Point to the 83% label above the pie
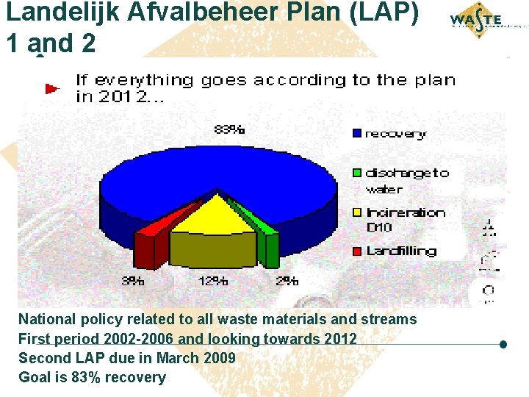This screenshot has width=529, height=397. [x=229, y=129]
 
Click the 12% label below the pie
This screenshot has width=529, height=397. [x=212, y=281]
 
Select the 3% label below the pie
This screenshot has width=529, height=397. [x=133, y=281]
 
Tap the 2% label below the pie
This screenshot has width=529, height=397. [x=287, y=281]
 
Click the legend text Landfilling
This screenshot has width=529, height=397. [x=401, y=251]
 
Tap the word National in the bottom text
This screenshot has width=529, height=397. [x=47, y=319]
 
